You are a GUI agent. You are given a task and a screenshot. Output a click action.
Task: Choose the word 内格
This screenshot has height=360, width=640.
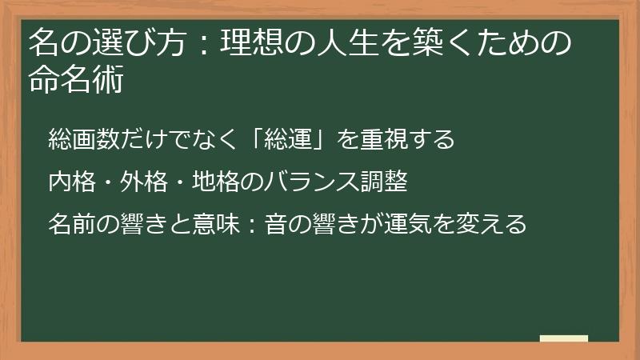click(70, 182)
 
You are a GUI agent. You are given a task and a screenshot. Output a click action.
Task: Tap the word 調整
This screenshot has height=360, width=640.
click(386, 182)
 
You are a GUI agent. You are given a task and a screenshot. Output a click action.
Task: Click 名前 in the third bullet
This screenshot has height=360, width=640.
click(70, 223)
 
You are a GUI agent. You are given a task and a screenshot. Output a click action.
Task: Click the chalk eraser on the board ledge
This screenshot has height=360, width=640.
click(564, 338)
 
